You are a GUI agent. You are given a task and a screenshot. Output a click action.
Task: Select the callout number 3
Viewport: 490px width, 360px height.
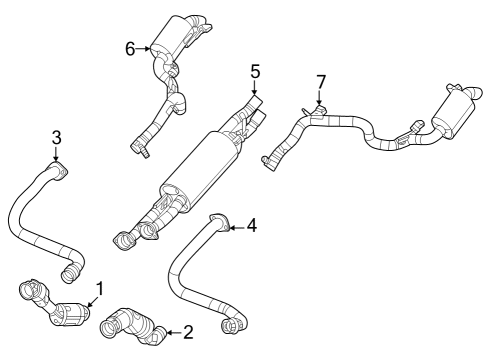click(x=56, y=137)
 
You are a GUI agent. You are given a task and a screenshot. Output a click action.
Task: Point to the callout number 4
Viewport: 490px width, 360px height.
click(x=251, y=226)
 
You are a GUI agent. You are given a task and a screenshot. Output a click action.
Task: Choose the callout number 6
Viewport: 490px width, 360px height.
click(x=130, y=47)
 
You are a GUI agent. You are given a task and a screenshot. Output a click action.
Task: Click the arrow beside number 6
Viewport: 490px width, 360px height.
click(x=144, y=47)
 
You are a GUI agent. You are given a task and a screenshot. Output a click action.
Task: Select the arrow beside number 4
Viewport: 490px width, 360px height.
click(x=236, y=226)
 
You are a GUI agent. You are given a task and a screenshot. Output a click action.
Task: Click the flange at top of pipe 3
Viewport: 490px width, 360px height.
click(x=60, y=172)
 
